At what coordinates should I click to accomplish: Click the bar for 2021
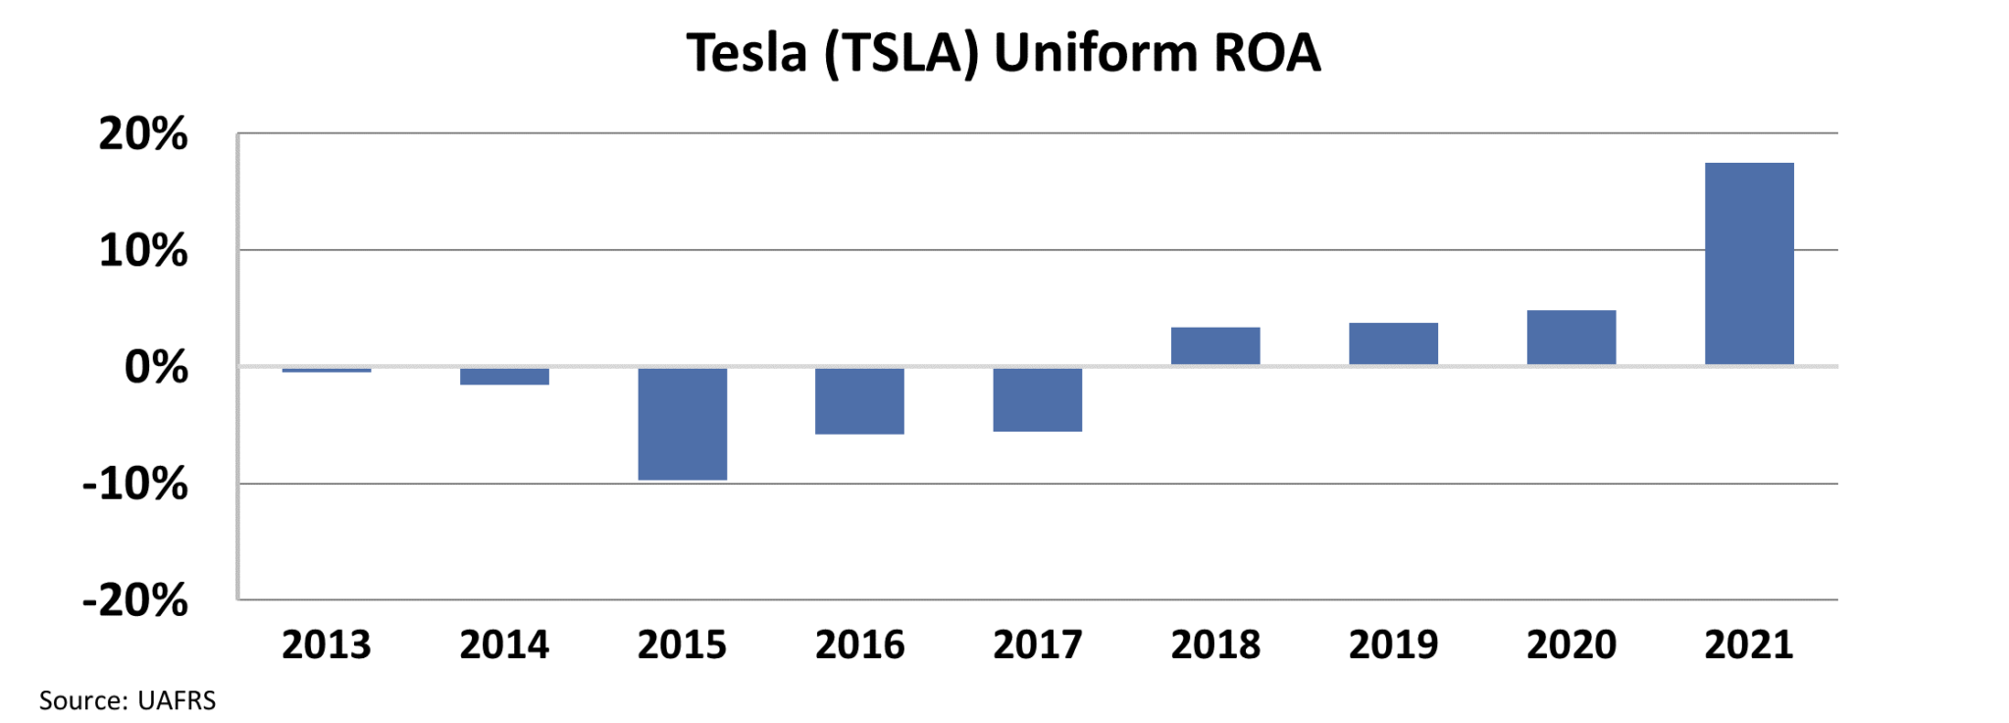[x=1749, y=264]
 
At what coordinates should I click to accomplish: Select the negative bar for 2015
[x=682, y=424]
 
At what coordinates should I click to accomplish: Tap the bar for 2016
[x=859, y=401]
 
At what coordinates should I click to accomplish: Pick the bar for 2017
[x=1037, y=399]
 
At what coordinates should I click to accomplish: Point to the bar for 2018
[x=1215, y=346]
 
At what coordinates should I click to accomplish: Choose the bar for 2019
[x=1393, y=344]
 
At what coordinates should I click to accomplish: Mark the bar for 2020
[x=1571, y=337]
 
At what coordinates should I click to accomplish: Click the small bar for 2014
[x=504, y=377]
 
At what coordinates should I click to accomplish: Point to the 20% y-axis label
[x=143, y=134]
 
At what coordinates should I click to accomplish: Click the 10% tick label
[x=143, y=251]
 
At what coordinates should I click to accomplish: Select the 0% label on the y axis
[x=157, y=368]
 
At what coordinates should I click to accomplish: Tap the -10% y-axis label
[x=135, y=484]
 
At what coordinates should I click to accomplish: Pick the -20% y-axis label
[x=135, y=600]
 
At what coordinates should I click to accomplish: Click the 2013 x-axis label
[x=327, y=646]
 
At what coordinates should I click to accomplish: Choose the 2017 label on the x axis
[x=1038, y=646]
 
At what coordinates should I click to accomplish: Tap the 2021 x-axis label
[x=1749, y=646]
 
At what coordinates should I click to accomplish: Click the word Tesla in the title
[x=747, y=53]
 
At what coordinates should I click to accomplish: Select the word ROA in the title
[x=1267, y=53]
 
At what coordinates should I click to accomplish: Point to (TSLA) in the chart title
[x=901, y=53]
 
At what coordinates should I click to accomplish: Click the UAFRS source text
[x=177, y=700]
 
